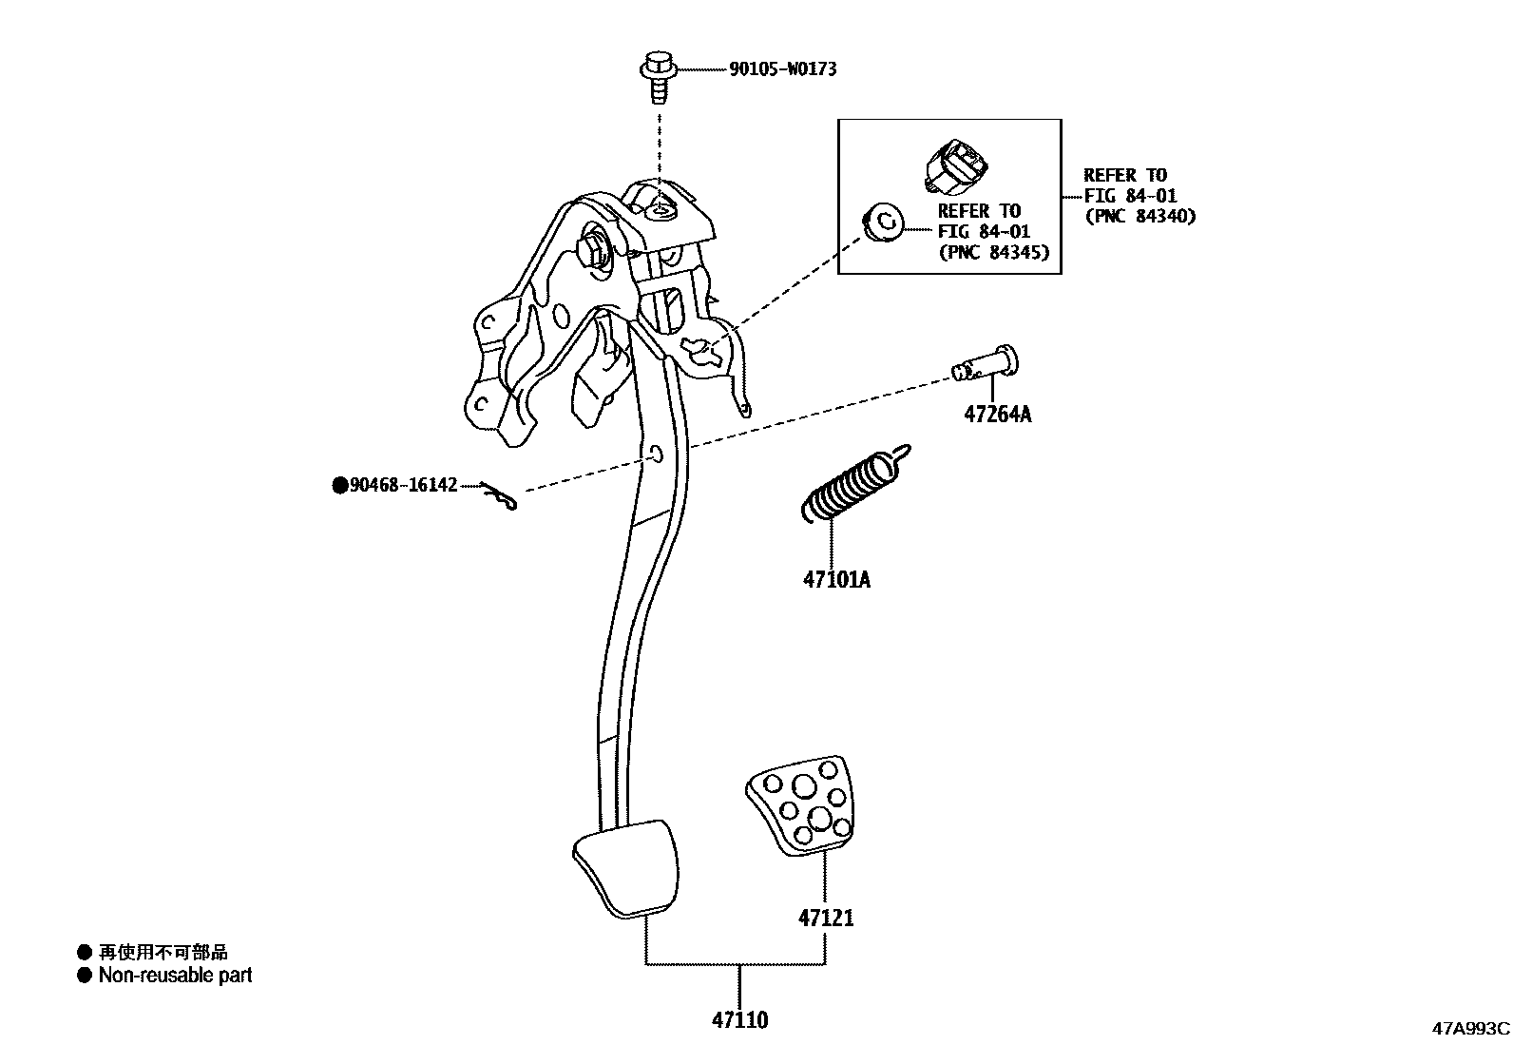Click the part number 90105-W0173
point(782,69)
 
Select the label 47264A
point(997,415)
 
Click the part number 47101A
point(836,579)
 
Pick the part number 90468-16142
point(403,486)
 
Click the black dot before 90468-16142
point(339,486)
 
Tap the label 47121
point(825,919)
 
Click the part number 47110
point(739,1020)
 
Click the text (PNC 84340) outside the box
point(1140,216)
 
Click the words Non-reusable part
point(175,975)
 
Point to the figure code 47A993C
point(1470,1028)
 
